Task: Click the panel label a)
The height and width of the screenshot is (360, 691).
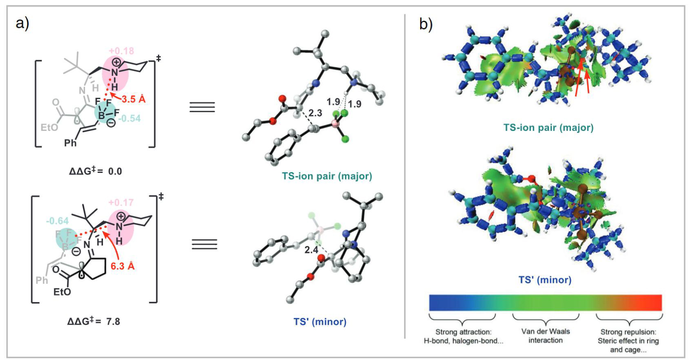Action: pyautogui.click(x=22, y=23)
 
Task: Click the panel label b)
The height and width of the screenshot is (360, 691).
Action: pyautogui.click(x=426, y=24)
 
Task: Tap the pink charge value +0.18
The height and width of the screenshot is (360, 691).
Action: pyautogui.click(x=121, y=51)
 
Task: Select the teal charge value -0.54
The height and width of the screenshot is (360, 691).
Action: pyautogui.click(x=129, y=119)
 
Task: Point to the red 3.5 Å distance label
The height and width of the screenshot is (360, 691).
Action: pyautogui.click(x=134, y=99)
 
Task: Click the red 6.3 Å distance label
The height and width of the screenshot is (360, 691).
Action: pyautogui.click(x=122, y=266)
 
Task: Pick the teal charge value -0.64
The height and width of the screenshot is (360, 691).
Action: pyautogui.click(x=57, y=221)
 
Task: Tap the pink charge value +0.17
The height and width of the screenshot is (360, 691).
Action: pyautogui.click(x=121, y=203)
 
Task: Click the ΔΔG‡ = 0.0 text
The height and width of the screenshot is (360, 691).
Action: pyautogui.click(x=95, y=171)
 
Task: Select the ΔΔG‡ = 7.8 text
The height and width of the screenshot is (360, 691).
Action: pyautogui.click(x=94, y=321)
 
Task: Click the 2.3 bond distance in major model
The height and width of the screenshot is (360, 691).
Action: pyautogui.click(x=315, y=113)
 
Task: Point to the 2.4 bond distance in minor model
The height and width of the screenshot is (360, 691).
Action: pyautogui.click(x=311, y=250)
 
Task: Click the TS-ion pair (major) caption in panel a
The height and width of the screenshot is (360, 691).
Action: pyautogui.click(x=327, y=176)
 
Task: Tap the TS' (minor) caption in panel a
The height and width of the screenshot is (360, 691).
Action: pyautogui.click(x=320, y=322)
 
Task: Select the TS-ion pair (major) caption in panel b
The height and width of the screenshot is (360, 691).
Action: pyautogui.click(x=548, y=128)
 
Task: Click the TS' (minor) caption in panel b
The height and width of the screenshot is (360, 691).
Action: pyautogui.click(x=545, y=280)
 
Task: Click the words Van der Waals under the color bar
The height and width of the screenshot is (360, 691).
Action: pyautogui.click(x=545, y=331)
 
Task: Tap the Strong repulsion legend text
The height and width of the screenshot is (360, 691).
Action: pyautogui.click(x=628, y=332)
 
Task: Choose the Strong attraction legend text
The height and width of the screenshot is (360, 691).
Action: pyautogui.click(x=463, y=332)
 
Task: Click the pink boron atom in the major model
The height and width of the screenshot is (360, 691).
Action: pyautogui.click(x=335, y=124)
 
